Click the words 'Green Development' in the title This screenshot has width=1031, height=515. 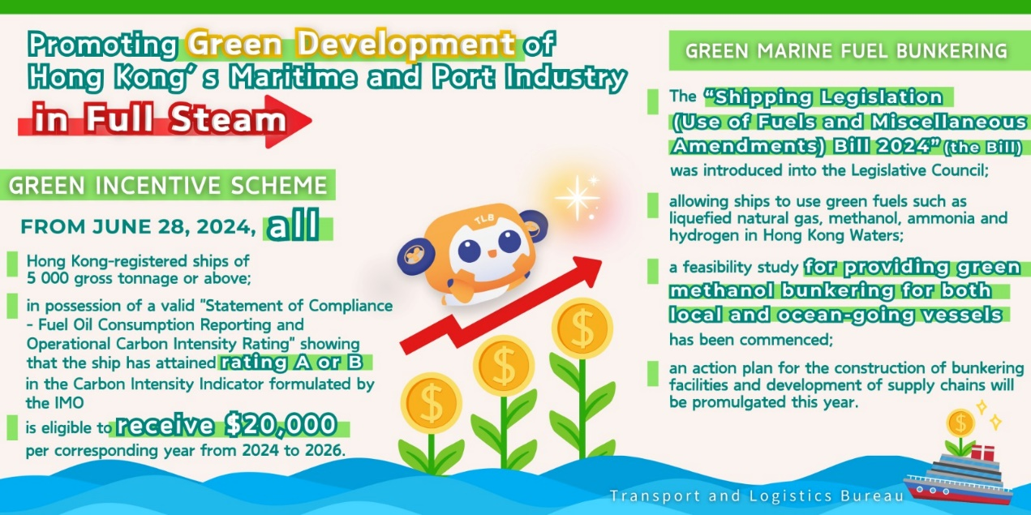pyautogui.click(x=351, y=44)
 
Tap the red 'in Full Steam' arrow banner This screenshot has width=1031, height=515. pyautogui.click(x=165, y=122)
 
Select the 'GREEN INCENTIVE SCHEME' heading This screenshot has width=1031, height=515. pyautogui.click(x=168, y=185)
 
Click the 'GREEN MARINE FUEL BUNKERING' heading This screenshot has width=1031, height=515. pyautogui.click(x=846, y=50)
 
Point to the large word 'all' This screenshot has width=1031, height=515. pyautogui.click(x=294, y=225)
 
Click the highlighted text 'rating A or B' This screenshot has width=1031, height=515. pyautogui.click(x=292, y=363)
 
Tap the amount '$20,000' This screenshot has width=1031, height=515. pyautogui.click(x=281, y=425)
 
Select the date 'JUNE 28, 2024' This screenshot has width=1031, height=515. pyautogui.click(x=174, y=227)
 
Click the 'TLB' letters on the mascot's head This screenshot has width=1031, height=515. pyautogui.click(x=484, y=219)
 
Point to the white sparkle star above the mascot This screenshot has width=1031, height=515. pyautogui.click(x=578, y=198)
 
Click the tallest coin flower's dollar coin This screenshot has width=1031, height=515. pyautogui.click(x=582, y=328)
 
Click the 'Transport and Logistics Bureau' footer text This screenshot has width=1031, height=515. pyautogui.click(x=757, y=496)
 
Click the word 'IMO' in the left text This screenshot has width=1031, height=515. pyautogui.click(x=69, y=403)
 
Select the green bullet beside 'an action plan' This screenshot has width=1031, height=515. pyautogui.click(x=653, y=374)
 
